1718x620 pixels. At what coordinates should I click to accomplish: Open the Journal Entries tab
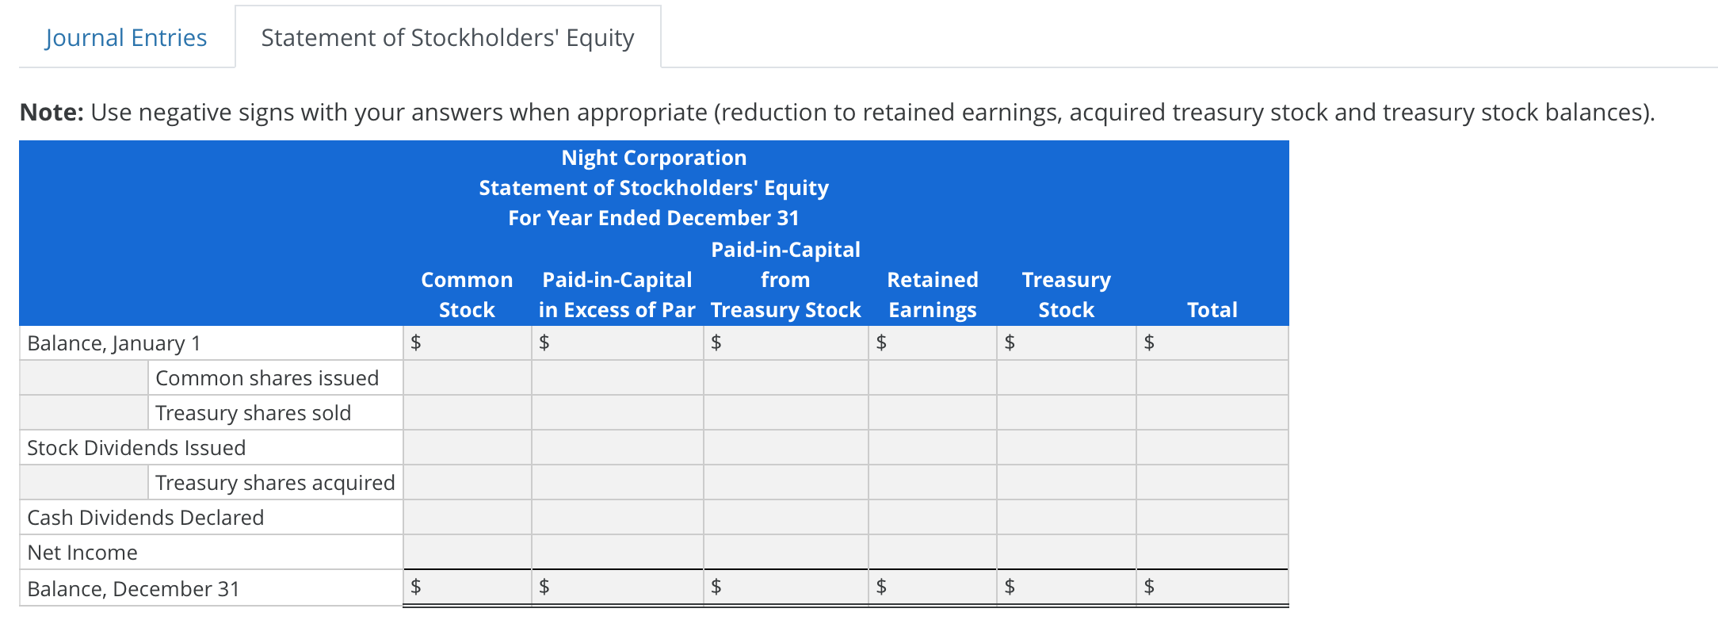point(126,37)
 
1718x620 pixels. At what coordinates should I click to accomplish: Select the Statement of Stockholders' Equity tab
point(448,37)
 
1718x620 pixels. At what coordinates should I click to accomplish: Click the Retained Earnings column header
point(932,294)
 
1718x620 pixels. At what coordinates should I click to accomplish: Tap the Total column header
point(1212,309)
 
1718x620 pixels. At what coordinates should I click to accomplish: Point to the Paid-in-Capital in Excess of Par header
point(617,294)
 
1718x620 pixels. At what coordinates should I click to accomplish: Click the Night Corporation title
point(654,158)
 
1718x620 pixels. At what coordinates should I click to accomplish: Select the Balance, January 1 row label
point(114,343)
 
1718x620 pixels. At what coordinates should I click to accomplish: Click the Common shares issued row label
point(267,378)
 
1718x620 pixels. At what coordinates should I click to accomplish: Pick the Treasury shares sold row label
point(253,413)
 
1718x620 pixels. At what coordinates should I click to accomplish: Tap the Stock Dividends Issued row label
point(136,448)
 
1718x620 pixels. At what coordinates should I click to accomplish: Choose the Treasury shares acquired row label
point(275,483)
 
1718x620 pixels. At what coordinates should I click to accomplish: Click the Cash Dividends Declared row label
point(145,518)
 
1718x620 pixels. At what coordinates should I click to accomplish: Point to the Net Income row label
point(82,553)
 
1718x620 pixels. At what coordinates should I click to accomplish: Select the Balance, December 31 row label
point(133,588)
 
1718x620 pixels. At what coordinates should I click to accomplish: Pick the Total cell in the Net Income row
point(1212,553)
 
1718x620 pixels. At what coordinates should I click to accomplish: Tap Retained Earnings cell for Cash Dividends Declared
point(932,518)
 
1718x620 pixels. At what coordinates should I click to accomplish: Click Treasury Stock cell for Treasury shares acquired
point(1066,483)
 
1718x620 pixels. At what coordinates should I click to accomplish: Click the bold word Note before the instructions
point(52,113)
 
